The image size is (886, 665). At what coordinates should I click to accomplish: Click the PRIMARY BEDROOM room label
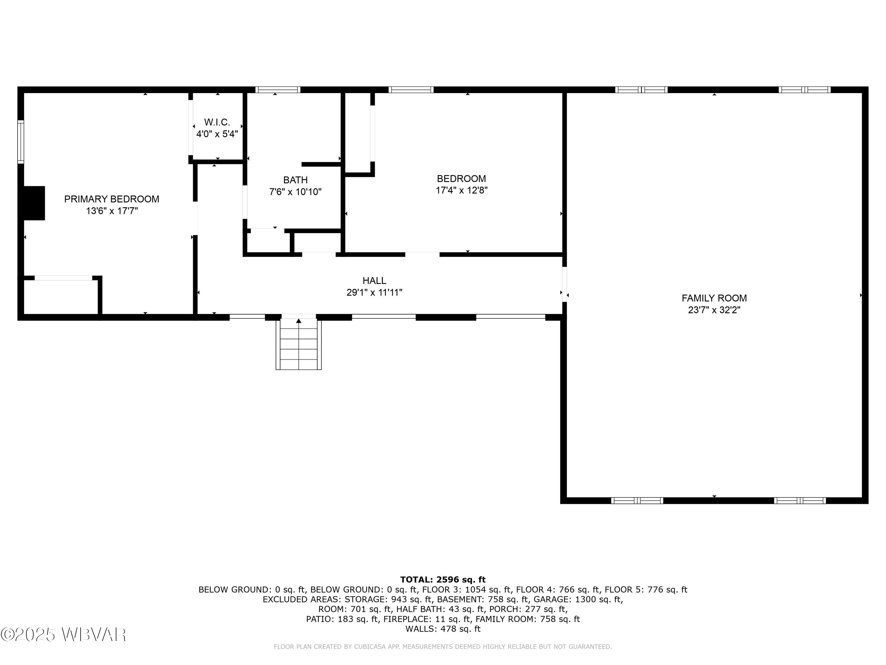[x=112, y=199]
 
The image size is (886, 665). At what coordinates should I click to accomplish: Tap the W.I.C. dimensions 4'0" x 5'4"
[x=217, y=134]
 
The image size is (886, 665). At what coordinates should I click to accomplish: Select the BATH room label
[x=295, y=180]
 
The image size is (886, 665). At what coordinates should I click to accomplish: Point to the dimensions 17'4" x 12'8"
[x=461, y=190]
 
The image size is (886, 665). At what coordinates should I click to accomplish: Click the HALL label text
[x=374, y=280]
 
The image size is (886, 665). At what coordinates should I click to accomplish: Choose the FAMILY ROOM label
[x=714, y=298]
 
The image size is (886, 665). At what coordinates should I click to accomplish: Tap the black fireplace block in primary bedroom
[x=34, y=203]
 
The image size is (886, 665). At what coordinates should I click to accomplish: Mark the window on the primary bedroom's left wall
[x=20, y=142]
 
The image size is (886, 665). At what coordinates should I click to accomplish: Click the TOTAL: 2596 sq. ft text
[x=443, y=580]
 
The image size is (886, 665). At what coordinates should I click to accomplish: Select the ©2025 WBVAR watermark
[x=63, y=635]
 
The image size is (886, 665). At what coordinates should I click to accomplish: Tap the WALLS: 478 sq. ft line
[x=443, y=629]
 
